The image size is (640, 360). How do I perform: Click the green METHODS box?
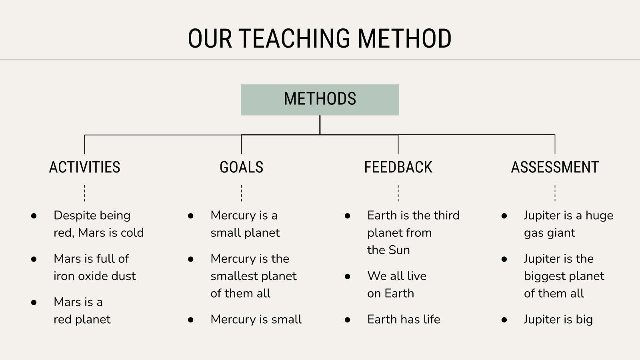coord(320,100)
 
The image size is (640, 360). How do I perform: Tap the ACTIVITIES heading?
coord(84,167)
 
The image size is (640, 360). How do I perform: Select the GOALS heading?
coord(242,167)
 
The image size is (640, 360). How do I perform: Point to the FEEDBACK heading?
coord(398,167)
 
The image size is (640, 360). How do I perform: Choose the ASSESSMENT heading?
coord(555,167)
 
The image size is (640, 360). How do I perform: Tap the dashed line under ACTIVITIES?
coord(84,193)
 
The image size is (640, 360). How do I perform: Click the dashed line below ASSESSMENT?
coord(555,193)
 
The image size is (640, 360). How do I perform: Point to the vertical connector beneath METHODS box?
coord(320,125)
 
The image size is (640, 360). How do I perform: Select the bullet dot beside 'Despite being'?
coord(34,216)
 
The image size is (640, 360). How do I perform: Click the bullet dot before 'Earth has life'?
coord(348,320)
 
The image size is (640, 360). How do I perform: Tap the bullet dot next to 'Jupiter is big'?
coord(504,320)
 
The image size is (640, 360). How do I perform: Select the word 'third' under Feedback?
coord(447,216)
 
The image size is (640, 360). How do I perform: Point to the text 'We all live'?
coord(397,276)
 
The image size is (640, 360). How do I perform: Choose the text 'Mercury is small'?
coord(256,320)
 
